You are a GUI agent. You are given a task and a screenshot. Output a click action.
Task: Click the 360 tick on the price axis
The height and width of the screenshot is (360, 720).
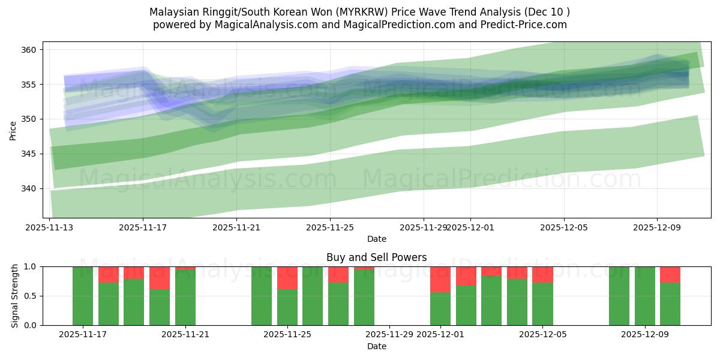31,49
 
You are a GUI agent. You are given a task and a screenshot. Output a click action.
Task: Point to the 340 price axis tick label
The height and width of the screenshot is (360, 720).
31,188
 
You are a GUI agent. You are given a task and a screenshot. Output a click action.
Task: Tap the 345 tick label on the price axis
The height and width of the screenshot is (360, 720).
31,154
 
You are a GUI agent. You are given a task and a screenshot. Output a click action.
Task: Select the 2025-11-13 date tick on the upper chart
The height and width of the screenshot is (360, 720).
49,228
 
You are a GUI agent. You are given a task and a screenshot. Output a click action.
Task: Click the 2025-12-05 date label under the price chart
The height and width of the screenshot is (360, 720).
563,228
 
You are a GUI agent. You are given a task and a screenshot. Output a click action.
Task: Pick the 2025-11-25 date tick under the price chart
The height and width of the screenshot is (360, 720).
330,228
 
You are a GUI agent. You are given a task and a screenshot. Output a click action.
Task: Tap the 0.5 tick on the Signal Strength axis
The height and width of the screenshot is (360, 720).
31,296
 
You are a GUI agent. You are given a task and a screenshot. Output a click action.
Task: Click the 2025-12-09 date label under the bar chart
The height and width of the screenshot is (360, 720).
645,335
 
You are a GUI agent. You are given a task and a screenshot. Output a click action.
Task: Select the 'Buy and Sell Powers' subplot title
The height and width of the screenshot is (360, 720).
376,257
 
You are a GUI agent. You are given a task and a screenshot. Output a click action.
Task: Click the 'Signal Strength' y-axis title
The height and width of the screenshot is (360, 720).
15,296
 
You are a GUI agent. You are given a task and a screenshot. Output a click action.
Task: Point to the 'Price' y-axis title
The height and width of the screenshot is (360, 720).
13,130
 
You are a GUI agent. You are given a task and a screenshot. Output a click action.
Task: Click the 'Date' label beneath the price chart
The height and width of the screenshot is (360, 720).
376,239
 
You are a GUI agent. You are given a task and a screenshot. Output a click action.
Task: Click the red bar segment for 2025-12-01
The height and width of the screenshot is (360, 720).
440,279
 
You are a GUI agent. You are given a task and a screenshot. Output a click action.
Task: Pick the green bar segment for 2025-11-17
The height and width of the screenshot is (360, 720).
83,296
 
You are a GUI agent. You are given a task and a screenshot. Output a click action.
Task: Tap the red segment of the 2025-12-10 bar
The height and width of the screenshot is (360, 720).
670,274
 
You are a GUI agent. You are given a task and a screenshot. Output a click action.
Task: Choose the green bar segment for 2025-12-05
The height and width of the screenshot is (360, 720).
542,304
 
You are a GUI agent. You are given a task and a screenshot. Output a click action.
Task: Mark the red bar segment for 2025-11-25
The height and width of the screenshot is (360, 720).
287,278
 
